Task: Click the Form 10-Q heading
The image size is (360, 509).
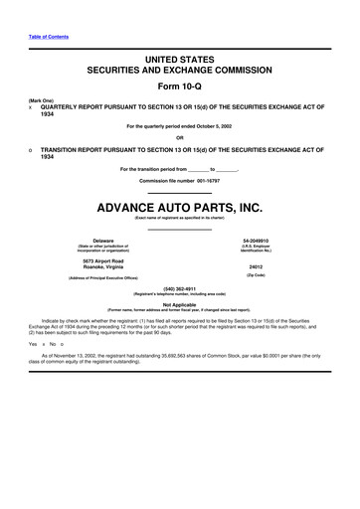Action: [179, 86]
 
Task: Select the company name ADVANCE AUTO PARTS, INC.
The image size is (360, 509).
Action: [179, 209]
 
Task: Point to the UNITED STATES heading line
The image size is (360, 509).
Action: [179, 61]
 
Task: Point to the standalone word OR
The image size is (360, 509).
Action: [179, 137]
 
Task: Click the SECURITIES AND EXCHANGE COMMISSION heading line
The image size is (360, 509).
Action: [179, 72]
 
